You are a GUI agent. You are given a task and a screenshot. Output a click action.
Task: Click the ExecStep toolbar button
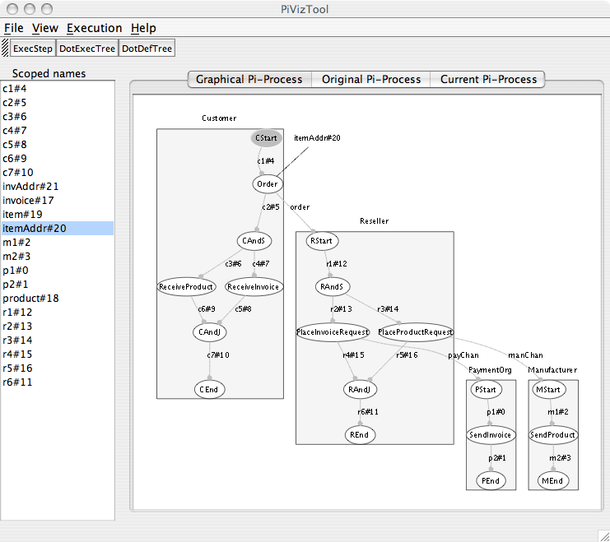[x=33, y=49]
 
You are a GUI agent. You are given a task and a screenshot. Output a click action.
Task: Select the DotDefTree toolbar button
[x=147, y=49]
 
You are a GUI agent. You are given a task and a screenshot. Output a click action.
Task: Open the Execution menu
[x=95, y=28]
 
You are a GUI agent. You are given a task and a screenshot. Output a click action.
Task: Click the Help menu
[x=143, y=28]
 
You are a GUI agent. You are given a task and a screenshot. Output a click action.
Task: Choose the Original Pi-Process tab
[x=371, y=80]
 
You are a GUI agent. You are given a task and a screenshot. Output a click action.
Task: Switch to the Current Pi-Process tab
[x=488, y=80]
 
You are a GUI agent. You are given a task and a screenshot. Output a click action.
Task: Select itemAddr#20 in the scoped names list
[x=35, y=228]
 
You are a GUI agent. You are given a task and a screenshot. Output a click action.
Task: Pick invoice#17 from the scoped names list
[x=29, y=200]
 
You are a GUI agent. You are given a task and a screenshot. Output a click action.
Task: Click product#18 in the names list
[x=30, y=298]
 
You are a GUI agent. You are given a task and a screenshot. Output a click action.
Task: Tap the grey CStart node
[x=267, y=138]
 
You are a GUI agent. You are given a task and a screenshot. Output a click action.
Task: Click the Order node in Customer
[x=268, y=184]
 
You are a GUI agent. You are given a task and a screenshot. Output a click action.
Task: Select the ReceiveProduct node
[x=185, y=287]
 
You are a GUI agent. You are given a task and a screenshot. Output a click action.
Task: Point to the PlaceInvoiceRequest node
[x=332, y=332]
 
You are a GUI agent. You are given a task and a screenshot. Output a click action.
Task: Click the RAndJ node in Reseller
[x=361, y=389]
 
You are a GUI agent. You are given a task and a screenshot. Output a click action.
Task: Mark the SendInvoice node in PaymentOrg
[x=490, y=435]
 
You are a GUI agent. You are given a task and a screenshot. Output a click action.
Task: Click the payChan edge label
[x=463, y=355]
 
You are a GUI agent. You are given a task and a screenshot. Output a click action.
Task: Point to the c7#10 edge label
[x=218, y=354]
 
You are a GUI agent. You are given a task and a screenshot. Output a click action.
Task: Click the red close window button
[x=11, y=8]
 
